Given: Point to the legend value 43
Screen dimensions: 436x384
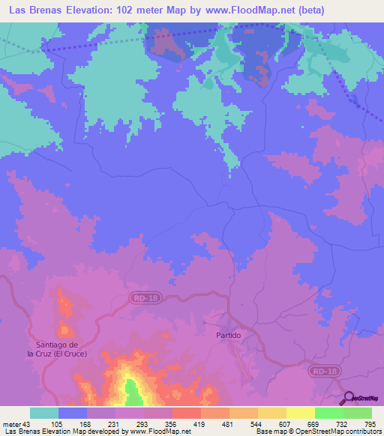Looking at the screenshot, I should point(28,425).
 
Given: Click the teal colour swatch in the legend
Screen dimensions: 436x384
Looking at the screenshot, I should point(44,413).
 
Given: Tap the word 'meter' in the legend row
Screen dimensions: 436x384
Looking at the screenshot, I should point(11,425).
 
